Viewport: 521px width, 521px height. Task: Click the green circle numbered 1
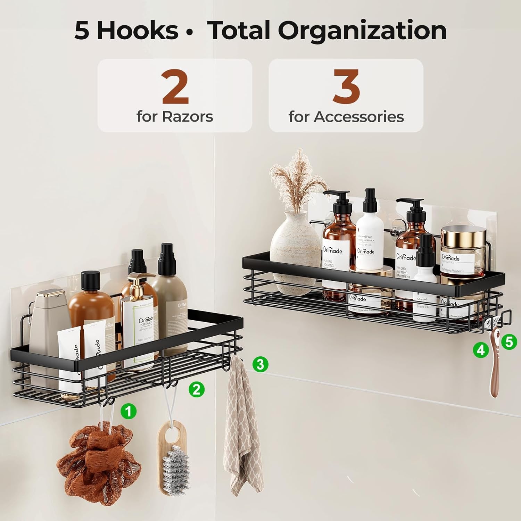[129, 412]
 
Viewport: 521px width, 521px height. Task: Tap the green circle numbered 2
[197, 389]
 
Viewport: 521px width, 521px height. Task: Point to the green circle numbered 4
[480, 350]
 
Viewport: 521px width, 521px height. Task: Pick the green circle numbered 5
[509, 342]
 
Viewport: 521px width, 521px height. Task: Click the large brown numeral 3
[346, 87]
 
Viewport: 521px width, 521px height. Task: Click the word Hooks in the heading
[137, 31]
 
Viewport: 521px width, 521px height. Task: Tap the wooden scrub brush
[173, 455]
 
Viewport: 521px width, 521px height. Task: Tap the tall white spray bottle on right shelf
[369, 236]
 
